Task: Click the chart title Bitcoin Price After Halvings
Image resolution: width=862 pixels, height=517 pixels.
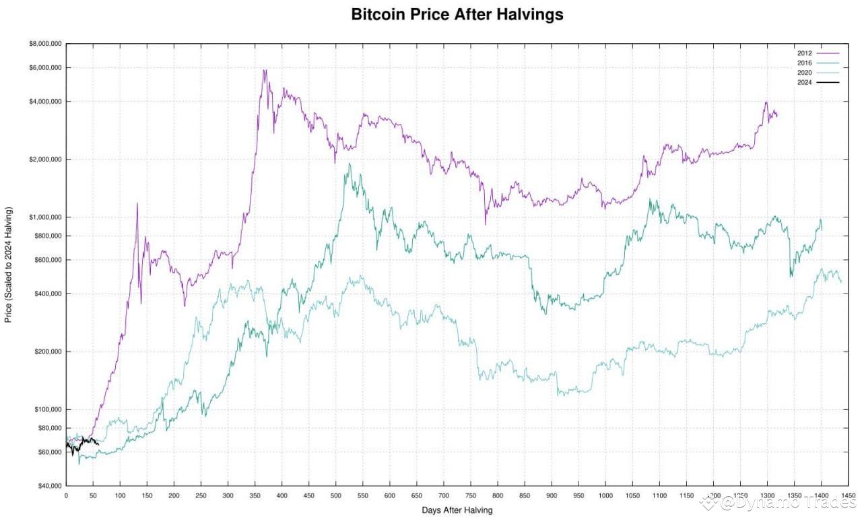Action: click(x=457, y=14)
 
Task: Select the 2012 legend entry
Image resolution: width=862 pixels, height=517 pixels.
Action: click(x=805, y=53)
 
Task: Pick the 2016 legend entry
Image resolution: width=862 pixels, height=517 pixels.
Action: click(x=805, y=63)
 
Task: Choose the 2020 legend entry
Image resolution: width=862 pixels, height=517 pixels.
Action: click(x=805, y=72)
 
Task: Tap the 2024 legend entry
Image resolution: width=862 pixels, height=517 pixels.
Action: click(x=805, y=82)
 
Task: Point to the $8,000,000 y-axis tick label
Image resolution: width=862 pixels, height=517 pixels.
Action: click(x=44, y=44)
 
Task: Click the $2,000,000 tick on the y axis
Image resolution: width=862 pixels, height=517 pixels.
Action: click(x=44, y=160)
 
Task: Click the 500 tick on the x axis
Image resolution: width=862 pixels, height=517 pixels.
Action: click(x=335, y=496)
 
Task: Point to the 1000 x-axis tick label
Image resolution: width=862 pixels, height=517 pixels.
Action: click(x=605, y=496)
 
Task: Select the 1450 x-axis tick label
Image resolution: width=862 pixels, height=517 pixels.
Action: click(x=848, y=496)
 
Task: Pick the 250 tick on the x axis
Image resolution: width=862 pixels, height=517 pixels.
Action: click(x=201, y=496)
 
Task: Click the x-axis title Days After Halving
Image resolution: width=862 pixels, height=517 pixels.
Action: click(x=457, y=510)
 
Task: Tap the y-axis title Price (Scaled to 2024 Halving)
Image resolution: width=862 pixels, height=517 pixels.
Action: click(x=9, y=265)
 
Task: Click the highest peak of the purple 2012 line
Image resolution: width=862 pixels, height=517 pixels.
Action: click(x=265, y=69)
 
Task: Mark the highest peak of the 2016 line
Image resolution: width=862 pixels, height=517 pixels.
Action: click(x=349, y=164)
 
